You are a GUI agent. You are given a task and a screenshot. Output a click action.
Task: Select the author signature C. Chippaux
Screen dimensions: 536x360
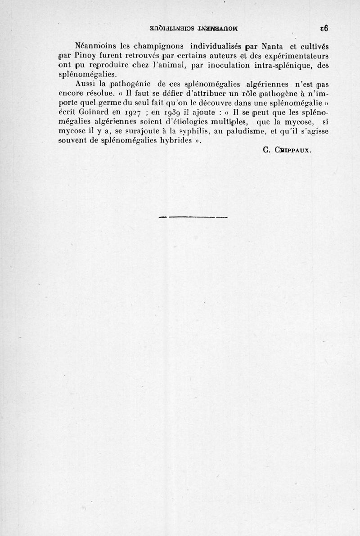click(286, 151)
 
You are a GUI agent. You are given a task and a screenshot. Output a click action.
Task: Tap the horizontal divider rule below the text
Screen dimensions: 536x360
click(193, 217)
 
